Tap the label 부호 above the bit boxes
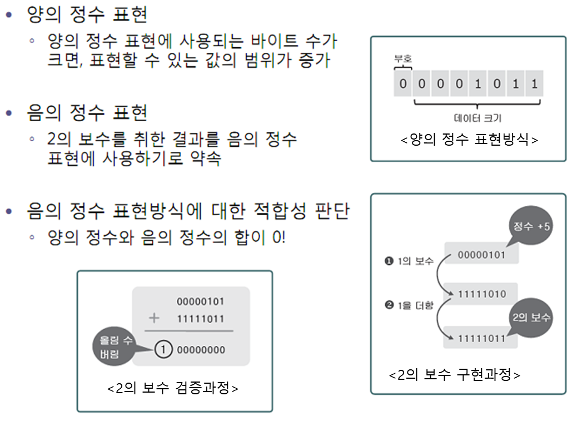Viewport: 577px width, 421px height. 403,59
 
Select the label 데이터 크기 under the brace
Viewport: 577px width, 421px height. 478,118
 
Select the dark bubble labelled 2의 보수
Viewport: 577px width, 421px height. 531,318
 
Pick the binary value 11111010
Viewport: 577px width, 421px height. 482,294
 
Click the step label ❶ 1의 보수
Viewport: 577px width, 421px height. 409,261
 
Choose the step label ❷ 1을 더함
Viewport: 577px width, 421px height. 409,305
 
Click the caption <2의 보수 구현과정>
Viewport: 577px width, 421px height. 455,375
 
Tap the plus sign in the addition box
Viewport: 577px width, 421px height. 154,318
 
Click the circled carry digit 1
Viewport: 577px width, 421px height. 162,350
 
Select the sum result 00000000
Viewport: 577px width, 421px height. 201,350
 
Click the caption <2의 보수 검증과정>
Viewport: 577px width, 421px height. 173,388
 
